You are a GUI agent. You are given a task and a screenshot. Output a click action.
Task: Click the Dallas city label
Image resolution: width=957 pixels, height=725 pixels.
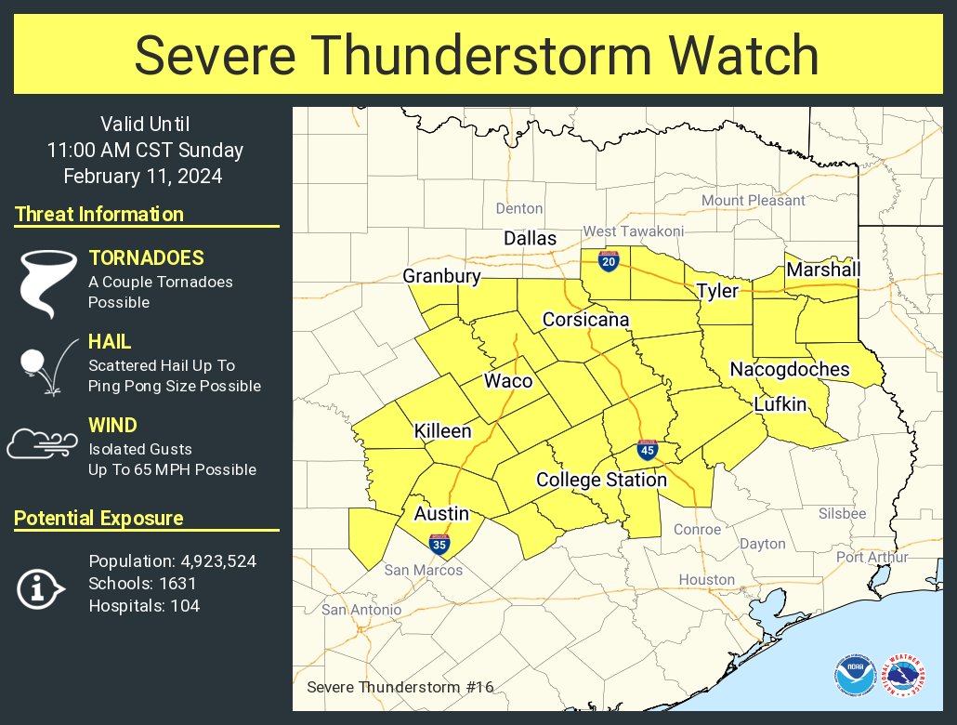530,239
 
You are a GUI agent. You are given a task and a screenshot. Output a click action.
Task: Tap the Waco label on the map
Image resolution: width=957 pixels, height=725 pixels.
508,381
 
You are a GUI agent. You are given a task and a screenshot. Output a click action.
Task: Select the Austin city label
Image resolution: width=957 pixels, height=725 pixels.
441,514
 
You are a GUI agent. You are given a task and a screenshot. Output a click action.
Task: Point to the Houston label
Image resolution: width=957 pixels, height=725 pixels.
706,580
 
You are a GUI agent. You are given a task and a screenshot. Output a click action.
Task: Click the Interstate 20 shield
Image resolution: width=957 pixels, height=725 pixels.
609,262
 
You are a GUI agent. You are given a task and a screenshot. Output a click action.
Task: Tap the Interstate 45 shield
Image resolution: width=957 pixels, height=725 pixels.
649,451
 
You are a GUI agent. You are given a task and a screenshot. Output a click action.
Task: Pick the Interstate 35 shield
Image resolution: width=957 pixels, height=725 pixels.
439,544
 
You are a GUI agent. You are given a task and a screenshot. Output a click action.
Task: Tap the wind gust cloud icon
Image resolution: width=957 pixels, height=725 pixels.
42,445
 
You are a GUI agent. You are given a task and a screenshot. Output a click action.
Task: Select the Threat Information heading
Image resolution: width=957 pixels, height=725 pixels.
99,215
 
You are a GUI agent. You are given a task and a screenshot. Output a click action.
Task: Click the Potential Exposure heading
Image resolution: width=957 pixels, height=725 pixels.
99,519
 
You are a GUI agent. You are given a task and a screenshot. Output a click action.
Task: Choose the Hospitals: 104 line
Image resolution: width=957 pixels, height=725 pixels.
144,606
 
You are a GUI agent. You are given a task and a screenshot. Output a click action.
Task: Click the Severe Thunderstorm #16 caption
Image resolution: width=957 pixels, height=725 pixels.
400,687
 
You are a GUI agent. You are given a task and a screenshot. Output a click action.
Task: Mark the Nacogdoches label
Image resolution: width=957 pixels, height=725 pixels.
790,369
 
